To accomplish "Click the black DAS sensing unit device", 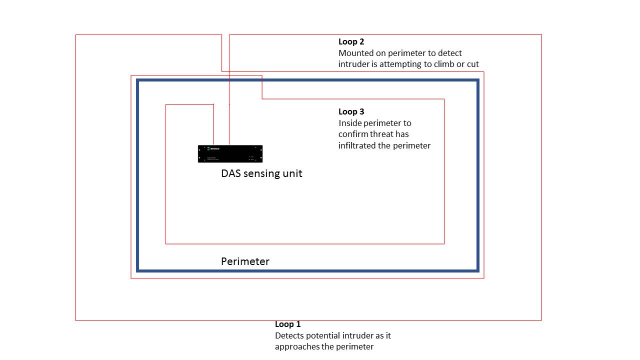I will [x=230, y=153].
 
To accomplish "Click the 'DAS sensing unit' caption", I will [x=261, y=173].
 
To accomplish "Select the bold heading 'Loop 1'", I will [x=288, y=324].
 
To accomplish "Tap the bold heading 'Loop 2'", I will [x=351, y=42].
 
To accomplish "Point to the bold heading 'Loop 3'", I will [x=351, y=111].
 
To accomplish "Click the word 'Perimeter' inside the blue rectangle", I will [x=245, y=261].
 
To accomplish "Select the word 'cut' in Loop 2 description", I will [x=472, y=64].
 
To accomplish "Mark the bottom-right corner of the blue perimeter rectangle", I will [x=478, y=270].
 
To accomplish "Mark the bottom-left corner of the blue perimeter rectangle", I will [x=138, y=270].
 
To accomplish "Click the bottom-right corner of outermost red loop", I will [x=541, y=320].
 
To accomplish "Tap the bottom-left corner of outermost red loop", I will [x=76, y=320].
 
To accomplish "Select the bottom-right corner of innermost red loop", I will [x=444, y=243].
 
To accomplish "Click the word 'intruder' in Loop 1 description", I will [x=358, y=335].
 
